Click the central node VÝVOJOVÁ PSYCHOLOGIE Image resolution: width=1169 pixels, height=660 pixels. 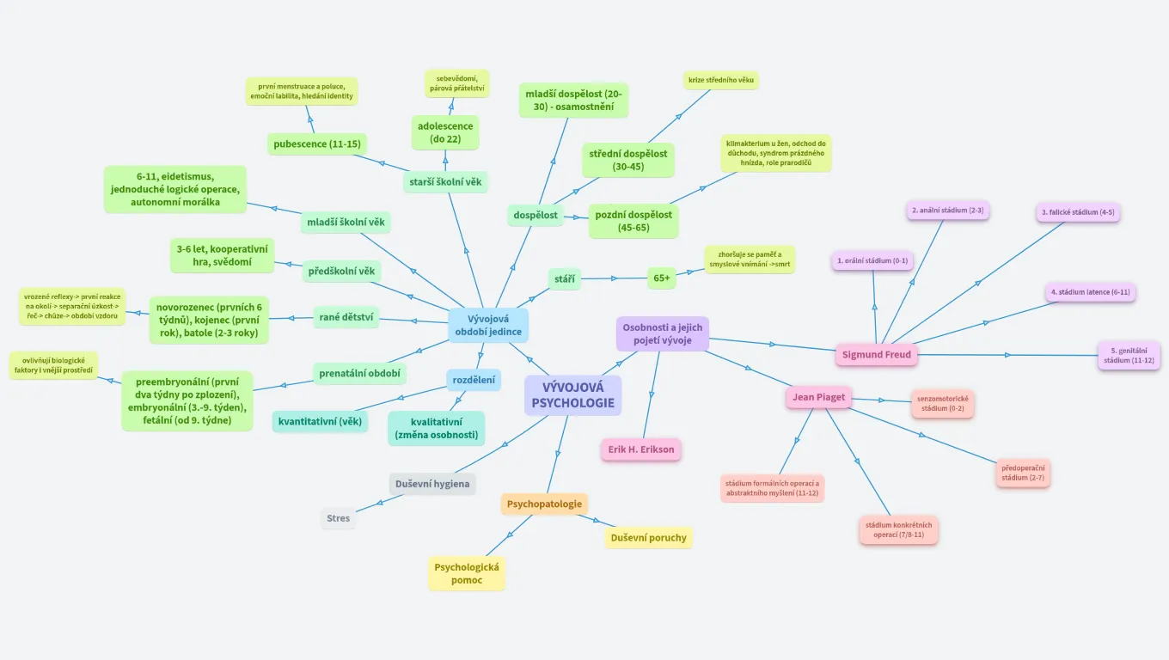[573, 395]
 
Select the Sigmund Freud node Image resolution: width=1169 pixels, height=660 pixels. [876, 354]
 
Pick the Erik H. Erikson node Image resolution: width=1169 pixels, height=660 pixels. [640, 449]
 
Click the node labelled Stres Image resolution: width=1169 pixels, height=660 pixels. [339, 518]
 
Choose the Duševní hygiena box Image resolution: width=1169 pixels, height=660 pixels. [432, 484]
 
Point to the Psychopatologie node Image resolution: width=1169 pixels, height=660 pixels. [544, 504]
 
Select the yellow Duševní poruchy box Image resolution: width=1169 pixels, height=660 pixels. [648, 538]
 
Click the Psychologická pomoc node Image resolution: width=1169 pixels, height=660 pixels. [467, 573]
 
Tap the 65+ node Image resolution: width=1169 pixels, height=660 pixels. [662, 278]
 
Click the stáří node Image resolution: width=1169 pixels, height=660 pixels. [565, 278]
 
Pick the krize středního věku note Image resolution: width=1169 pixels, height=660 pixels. [721, 81]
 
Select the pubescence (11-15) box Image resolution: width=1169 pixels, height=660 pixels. [316, 144]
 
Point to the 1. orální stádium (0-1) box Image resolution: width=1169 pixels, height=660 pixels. [872, 260]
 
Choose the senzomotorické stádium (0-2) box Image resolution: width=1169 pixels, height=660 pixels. [943, 404]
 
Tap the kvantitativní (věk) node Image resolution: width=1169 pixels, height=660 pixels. [321, 422]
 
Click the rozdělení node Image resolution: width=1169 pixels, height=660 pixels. [474, 380]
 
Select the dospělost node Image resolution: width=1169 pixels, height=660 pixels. [536, 215]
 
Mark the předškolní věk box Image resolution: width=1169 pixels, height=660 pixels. [342, 272]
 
